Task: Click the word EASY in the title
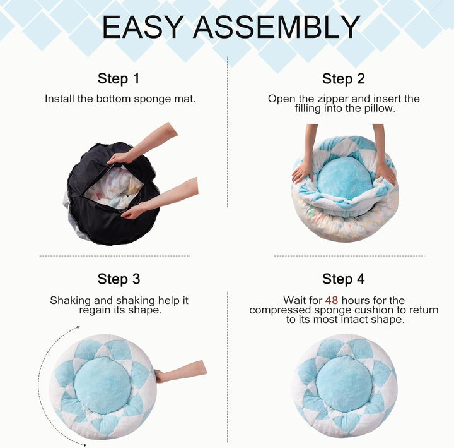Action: coord(143,27)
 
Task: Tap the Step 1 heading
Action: coord(119,79)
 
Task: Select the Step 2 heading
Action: coord(343,79)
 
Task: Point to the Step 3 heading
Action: coord(119,279)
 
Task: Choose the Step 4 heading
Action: coord(343,279)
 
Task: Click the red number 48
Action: coord(332,300)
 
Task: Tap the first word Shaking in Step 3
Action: coord(70,301)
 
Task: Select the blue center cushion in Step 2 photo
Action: coord(344,177)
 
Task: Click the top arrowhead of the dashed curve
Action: coord(79,327)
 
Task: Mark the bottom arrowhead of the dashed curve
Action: coord(84,444)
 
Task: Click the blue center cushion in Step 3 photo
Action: coord(102,385)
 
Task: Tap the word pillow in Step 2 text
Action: coord(378,108)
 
